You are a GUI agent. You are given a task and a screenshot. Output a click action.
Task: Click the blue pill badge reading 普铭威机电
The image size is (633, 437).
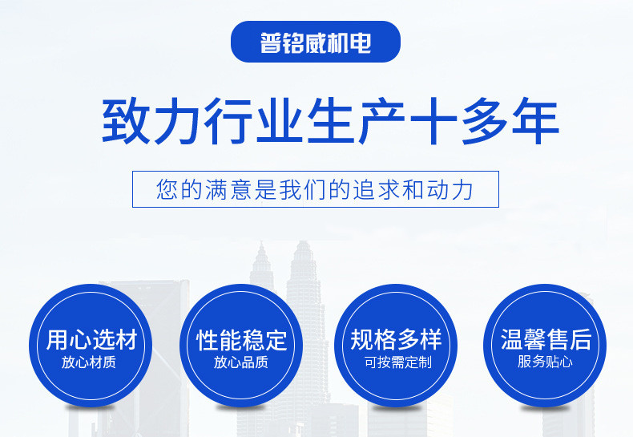point(315,42)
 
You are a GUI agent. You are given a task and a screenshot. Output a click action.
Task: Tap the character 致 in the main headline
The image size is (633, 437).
point(126,121)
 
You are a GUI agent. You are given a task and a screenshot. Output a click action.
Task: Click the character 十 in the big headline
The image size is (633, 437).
point(433,121)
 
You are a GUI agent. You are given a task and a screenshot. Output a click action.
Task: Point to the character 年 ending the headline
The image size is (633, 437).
point(536,121)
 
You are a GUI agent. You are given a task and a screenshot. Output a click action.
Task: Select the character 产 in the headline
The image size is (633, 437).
point(381,121)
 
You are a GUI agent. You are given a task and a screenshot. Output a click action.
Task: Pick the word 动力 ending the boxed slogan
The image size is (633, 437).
point(450,189)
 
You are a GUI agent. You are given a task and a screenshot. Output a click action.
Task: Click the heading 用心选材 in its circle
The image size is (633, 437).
point(91,339)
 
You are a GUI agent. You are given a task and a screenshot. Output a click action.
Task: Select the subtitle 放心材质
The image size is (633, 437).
point(89,362)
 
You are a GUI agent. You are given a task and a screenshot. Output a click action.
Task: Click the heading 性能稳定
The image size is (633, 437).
point(242,340)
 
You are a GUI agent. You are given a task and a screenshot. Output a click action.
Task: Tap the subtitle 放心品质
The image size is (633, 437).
point(241,362)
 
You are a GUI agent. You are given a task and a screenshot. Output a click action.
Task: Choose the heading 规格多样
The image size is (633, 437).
point(396,339)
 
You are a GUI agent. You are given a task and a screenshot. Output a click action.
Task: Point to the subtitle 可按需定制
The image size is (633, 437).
point(398,362)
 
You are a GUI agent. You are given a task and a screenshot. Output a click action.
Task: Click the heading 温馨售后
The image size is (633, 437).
point(546,339)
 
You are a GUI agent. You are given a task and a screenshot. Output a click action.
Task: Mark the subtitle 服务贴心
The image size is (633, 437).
point(545,362)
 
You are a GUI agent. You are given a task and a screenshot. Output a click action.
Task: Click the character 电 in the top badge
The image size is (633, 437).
point(361,42)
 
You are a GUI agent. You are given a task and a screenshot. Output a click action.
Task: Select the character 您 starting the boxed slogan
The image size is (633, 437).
point(167,189)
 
